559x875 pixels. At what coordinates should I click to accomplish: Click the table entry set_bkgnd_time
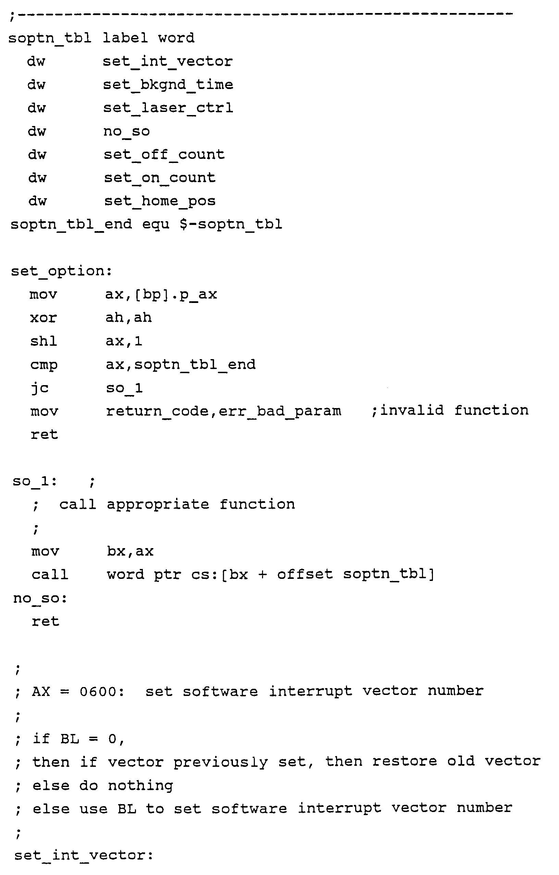(x=168, y=85)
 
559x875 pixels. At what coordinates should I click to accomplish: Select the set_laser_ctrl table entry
(x=168, y=108)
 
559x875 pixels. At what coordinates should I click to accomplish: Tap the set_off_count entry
(x=164, y=154)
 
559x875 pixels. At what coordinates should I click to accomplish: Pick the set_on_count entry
(x=160, y=178)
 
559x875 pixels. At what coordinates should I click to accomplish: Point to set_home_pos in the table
(x=160, y=201)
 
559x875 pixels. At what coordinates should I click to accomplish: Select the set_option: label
(x=61, y=271)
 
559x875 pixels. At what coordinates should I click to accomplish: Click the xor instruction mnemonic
(x=43, y=318)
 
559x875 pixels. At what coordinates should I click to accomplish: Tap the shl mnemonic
(x=44, y=341)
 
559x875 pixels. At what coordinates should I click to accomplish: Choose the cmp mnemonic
(x=44, y=365)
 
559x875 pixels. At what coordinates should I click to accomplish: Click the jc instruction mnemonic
(x=39, y=388)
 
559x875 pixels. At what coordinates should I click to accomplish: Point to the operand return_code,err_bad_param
(x=224, y=411)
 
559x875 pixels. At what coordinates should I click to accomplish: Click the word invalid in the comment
(x=412, y=410)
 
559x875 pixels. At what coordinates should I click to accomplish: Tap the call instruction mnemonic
(x=50, y=574)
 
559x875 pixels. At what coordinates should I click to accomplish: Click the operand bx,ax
(x=130, y=551)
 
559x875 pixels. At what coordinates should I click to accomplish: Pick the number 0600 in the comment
(x=98, y=691)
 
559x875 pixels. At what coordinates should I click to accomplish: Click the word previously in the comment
(x=220, y=762)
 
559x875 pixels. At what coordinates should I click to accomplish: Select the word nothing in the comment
(x=140, y=786)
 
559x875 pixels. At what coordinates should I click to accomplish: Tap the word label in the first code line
(x=125, y=38)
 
